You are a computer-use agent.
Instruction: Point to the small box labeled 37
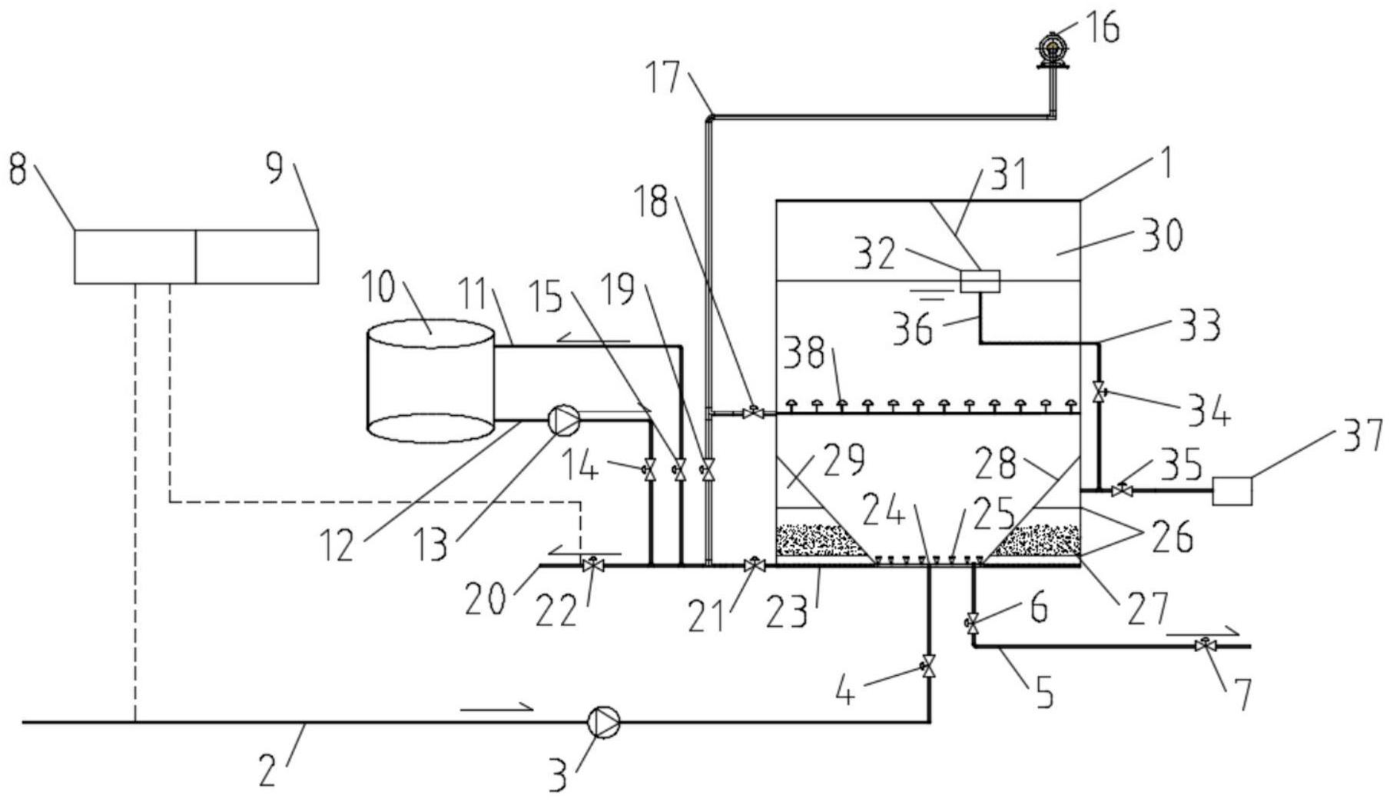click(1232, 491)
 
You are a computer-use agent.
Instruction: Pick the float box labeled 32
click(980, 281)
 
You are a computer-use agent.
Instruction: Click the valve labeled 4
click(929, 665)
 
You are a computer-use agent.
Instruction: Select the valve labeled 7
click(1202, 647)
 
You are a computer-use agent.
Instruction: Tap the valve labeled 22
click(592, 565)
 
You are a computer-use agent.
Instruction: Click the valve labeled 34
click(1099, 391)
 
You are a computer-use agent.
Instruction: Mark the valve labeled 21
click(753, 565)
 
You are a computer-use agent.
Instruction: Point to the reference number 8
click(17, 171)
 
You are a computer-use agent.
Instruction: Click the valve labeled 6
click(973, 621)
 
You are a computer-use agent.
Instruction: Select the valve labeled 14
click(650, 468)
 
